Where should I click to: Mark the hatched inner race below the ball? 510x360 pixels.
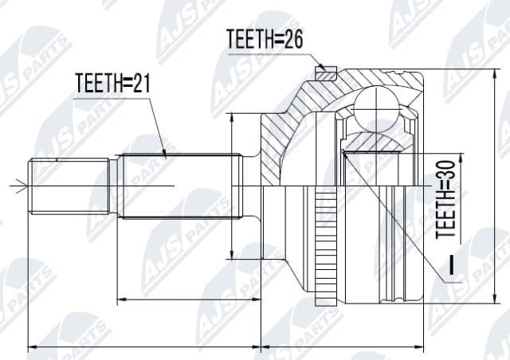click(x=375, y=143)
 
